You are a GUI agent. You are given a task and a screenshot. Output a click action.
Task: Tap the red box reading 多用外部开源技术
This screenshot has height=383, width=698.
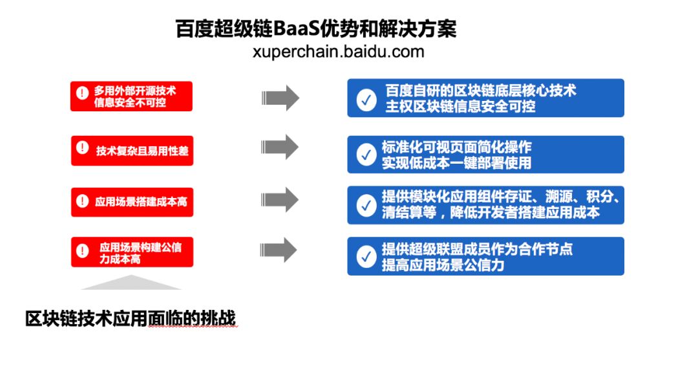132,96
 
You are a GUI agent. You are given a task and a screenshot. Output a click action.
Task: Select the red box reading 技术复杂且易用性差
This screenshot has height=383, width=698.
132,150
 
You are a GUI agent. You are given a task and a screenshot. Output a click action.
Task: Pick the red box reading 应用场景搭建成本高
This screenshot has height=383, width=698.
132,201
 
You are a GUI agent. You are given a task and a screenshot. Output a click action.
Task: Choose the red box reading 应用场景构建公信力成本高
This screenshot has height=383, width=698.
132,252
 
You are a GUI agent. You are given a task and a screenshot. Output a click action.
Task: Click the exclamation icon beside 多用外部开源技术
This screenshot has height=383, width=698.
82,93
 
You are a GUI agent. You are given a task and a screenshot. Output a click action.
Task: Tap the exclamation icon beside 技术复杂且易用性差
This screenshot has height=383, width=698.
82,148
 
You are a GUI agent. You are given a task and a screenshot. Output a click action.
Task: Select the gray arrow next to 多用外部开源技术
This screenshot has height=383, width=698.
280,98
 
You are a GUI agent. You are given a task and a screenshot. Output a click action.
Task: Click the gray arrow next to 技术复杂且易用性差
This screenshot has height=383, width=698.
280,147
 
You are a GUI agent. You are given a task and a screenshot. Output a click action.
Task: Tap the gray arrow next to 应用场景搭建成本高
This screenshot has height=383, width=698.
280,199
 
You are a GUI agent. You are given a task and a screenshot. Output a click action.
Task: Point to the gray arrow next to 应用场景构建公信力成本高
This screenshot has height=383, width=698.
280,250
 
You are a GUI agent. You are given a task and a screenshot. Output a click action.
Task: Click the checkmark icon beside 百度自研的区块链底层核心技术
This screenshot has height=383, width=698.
366,100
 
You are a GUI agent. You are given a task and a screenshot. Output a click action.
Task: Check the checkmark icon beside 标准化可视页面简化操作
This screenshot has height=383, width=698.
366,155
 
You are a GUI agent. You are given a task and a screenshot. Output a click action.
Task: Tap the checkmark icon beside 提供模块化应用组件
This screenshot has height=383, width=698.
366,205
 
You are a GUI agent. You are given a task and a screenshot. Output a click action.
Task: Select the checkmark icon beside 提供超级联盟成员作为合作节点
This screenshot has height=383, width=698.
366,257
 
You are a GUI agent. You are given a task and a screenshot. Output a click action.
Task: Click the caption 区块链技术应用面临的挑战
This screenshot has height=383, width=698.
131,318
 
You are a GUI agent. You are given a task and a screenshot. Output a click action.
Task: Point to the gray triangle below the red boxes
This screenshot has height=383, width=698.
131,283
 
